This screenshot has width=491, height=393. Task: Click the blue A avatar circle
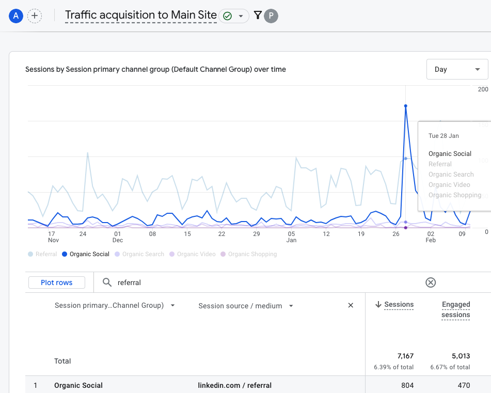coord(16,16)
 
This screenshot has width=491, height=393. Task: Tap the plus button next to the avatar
coord(35,16)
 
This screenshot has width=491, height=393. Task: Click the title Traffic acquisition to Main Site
coord(141,15)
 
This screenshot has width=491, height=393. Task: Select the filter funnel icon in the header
coord(258,16)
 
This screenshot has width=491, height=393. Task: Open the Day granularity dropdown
coord(457,69)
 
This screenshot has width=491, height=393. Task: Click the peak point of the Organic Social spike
coord(406,106)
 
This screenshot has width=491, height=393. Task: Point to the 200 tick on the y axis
coord(483,89)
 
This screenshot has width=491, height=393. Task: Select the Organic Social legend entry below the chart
coord(86,254)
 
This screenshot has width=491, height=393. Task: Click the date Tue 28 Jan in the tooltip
coord(444,136)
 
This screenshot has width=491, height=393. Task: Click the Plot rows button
coord(57,282)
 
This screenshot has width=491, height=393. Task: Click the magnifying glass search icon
coord(107,282)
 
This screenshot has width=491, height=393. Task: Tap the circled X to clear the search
coord(431,282)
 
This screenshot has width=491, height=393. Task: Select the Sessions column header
coord(399,305)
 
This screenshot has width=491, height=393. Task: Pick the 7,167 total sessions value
coord(405,356)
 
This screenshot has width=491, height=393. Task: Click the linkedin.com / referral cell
coord(235,385)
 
